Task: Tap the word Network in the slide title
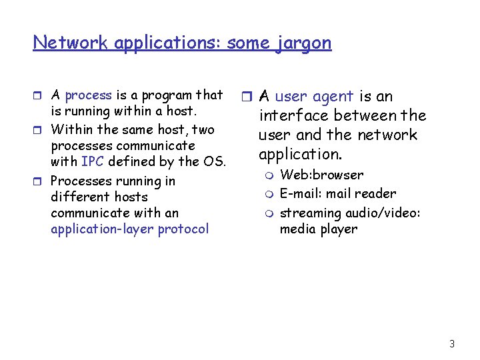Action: pos(71,43)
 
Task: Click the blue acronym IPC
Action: pos(92,161)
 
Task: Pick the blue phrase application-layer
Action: pos(103,229)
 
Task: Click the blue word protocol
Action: pos(183,229)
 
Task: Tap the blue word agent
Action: pos(332,97)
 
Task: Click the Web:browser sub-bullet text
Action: pos(321,175)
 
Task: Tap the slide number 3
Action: pos(452,344)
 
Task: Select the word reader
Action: pos(377,194)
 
